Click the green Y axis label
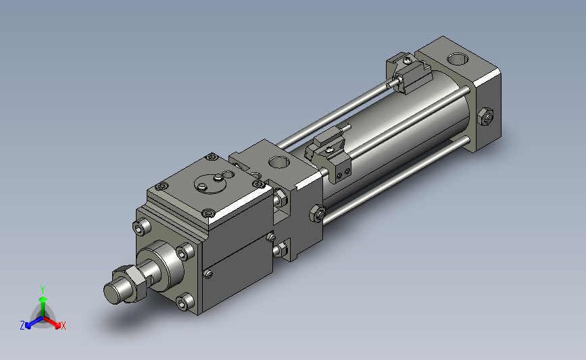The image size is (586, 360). pyautogui.click(x=43, y=290)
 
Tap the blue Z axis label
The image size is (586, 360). pyautogui.click(x=22, y=326)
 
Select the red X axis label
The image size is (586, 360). pyautogui.click(x=63, y=326)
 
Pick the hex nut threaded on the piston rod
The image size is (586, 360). pyautogui.click(x=132, y=283)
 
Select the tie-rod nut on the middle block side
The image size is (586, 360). pyautogui.click(x=317, y=213)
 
